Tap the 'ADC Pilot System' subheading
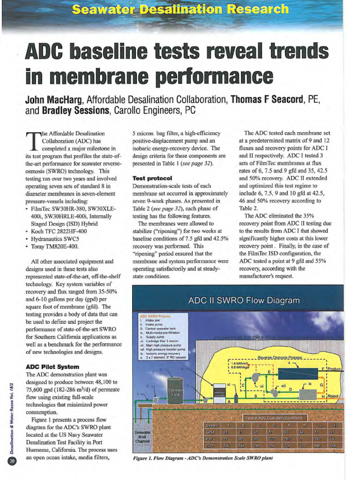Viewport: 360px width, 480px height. click(52, 367)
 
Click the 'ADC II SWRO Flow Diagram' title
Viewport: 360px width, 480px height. click(243, 300)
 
